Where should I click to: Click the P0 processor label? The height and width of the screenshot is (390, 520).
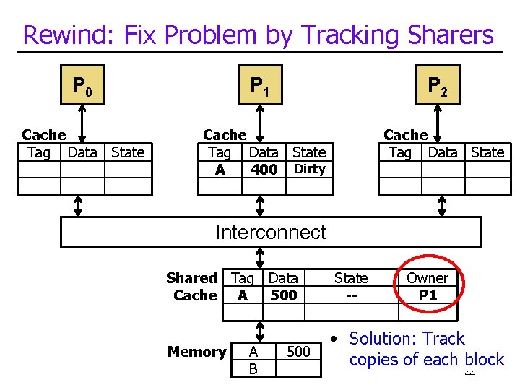82,87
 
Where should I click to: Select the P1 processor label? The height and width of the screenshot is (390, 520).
259,87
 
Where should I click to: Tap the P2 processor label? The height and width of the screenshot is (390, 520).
437,87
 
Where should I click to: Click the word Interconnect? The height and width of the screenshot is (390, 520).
271,232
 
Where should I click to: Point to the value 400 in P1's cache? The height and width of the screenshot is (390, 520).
264,170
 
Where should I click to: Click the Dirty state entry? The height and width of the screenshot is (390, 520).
310,169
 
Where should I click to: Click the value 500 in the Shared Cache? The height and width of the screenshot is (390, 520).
283,295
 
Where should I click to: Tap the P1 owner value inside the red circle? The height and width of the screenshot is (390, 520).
428,295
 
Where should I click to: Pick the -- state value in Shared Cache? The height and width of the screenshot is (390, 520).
351,295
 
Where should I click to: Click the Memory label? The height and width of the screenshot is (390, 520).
196,352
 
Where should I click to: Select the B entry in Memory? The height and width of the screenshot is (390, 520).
253,369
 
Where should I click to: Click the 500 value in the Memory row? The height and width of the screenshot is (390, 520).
298,352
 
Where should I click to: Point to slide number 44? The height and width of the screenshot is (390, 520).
469,373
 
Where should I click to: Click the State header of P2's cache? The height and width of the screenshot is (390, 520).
487,152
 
